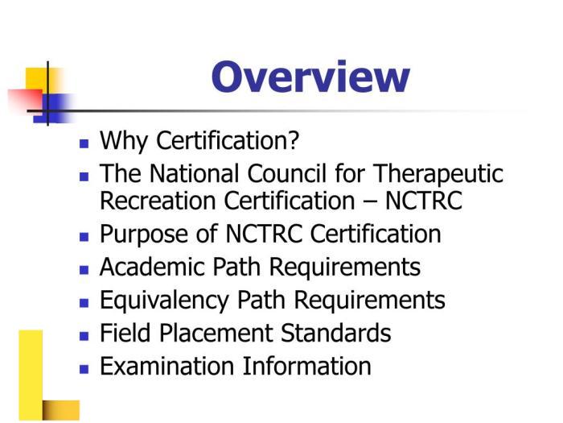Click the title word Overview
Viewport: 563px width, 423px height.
(x=310, y=77)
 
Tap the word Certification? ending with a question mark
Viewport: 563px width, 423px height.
(x=228, y=141)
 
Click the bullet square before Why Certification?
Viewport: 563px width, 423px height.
(x=84, y=143)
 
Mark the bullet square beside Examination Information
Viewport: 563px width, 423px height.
(x=84, y=368)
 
